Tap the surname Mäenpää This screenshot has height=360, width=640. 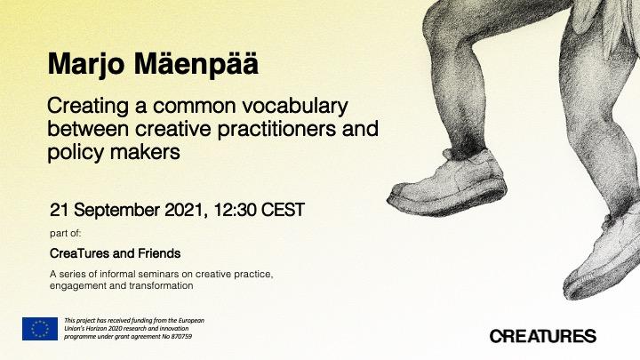click(196, 63)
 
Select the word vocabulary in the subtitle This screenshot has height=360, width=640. click(295, 106)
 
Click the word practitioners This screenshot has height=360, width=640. click(276, 130)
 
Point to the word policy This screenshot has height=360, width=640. click(76, 153)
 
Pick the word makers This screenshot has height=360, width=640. click(145, 152)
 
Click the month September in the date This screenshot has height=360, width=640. click(116, 211)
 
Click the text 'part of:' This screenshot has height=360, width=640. click(65, 234)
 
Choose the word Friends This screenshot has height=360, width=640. click(159, 253)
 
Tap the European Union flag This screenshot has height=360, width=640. click(40, 329)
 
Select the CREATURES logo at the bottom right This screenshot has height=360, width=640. click(543, 336)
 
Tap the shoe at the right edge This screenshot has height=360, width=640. click(604, 257)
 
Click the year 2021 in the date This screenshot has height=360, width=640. click(184, 210)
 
